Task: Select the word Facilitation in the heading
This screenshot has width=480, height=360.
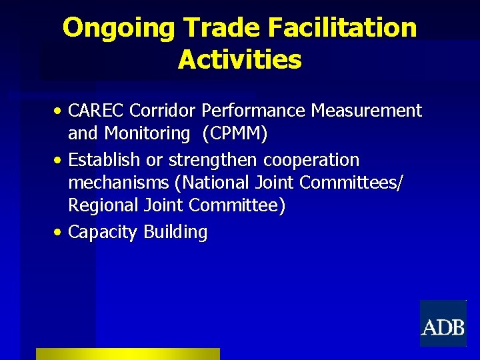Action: point(343,28)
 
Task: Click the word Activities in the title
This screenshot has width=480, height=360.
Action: point(240,60)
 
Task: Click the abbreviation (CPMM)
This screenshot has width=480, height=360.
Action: point(236,134)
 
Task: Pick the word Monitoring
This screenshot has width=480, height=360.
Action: point(147,134)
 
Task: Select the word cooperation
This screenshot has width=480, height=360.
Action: point(311,161)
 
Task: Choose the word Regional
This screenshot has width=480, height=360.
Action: point(103,206)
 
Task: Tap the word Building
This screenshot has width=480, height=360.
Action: point(175,233)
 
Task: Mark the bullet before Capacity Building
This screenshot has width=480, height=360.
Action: point(60,233)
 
